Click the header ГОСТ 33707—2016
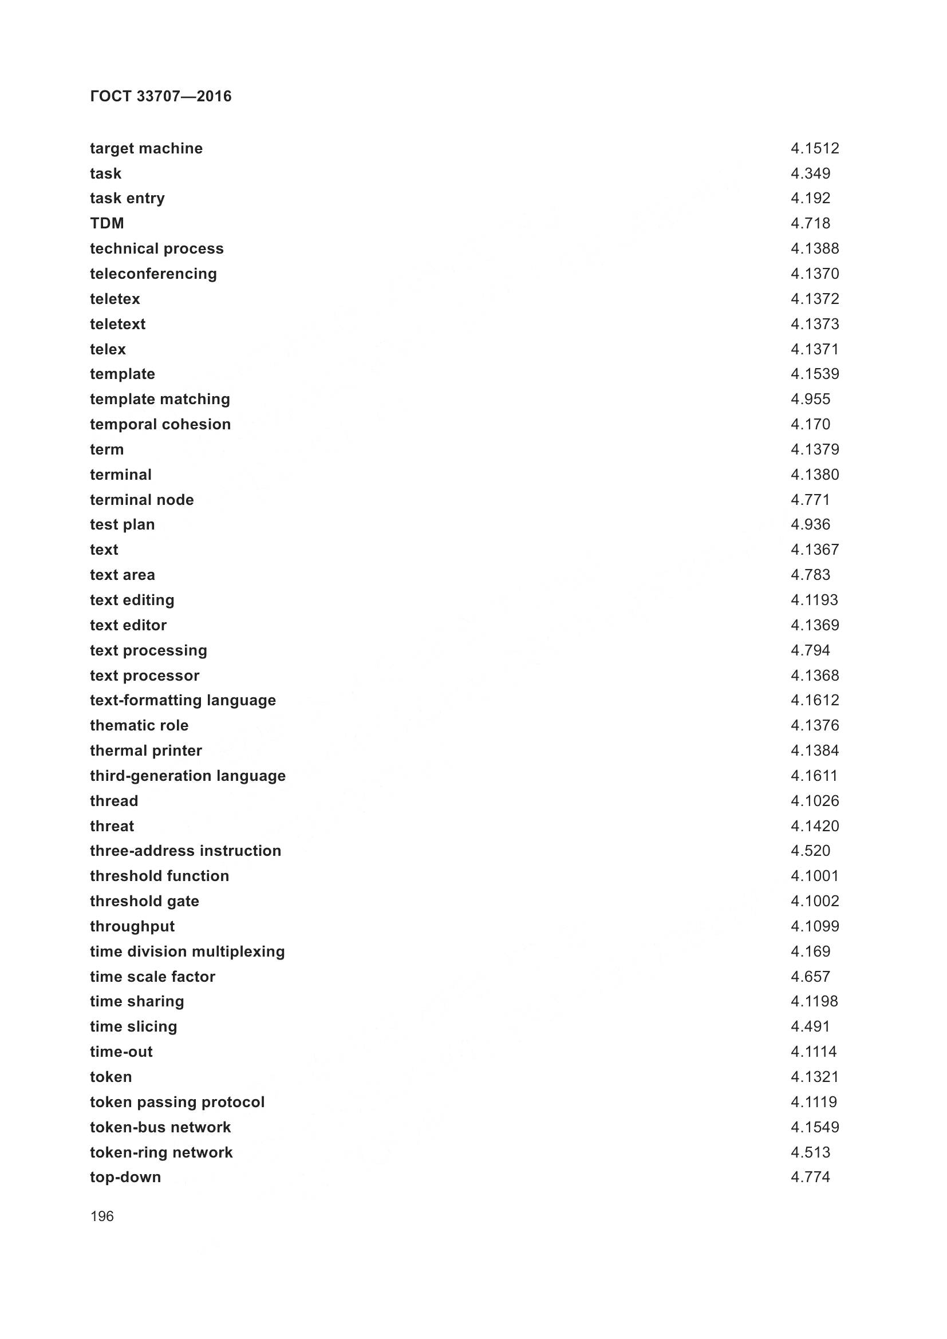coord(161,96)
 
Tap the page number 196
coord(102,1216)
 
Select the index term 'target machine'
coord(147,149)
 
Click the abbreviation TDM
coord(106,223)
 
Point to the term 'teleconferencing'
coord(153,274)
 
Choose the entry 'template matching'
coord(160,400)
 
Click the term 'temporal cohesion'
coord(160,425)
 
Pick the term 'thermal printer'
coord(146,751)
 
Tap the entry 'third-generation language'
coord(188,776)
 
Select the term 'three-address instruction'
coord(186,851)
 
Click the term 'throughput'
coord(132,926)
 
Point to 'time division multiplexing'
coord(187,951)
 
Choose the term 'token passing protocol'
coord(177,1101)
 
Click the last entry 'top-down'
coord(125,1177)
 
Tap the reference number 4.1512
coord(815,149)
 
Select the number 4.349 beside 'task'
coord(811,174)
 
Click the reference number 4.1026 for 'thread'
coord(815,801)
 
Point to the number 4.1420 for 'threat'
coord(815,826)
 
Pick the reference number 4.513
coord(811,1152)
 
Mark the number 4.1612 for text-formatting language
coord(815,700)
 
